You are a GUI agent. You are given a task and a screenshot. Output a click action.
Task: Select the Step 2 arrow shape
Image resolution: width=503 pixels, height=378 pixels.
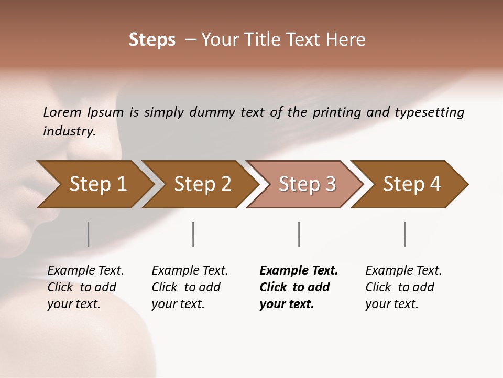point(202,184)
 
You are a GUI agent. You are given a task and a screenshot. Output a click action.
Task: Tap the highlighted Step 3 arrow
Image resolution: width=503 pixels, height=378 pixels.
point(307,184)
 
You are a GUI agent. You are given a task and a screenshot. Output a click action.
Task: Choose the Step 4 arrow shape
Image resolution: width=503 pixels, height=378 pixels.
point(411,184)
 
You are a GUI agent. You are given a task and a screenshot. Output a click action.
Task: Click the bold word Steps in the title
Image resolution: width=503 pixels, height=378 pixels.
point(152,40)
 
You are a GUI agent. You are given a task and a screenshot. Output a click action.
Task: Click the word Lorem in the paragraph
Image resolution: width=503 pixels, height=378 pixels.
point(62,112)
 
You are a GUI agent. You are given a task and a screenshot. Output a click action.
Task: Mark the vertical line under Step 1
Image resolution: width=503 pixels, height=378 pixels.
point(88,234)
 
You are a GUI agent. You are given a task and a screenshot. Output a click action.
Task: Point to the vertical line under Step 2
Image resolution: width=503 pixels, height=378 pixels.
point(193,234)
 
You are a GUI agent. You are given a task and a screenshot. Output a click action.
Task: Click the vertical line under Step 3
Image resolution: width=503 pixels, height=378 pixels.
point(299,234)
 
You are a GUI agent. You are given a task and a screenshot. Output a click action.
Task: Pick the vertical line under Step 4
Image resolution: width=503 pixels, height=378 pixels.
point(404,234)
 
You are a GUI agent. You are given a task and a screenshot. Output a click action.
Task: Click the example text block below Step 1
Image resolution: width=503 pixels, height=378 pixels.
point(85,287)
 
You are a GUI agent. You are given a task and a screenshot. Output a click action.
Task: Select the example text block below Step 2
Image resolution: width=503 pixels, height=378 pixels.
point(190,287)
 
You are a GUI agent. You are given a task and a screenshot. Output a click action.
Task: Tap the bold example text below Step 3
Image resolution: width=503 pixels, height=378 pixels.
point(298,287)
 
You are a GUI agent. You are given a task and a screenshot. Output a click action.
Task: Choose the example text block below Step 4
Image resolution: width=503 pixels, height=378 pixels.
point(403,287)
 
